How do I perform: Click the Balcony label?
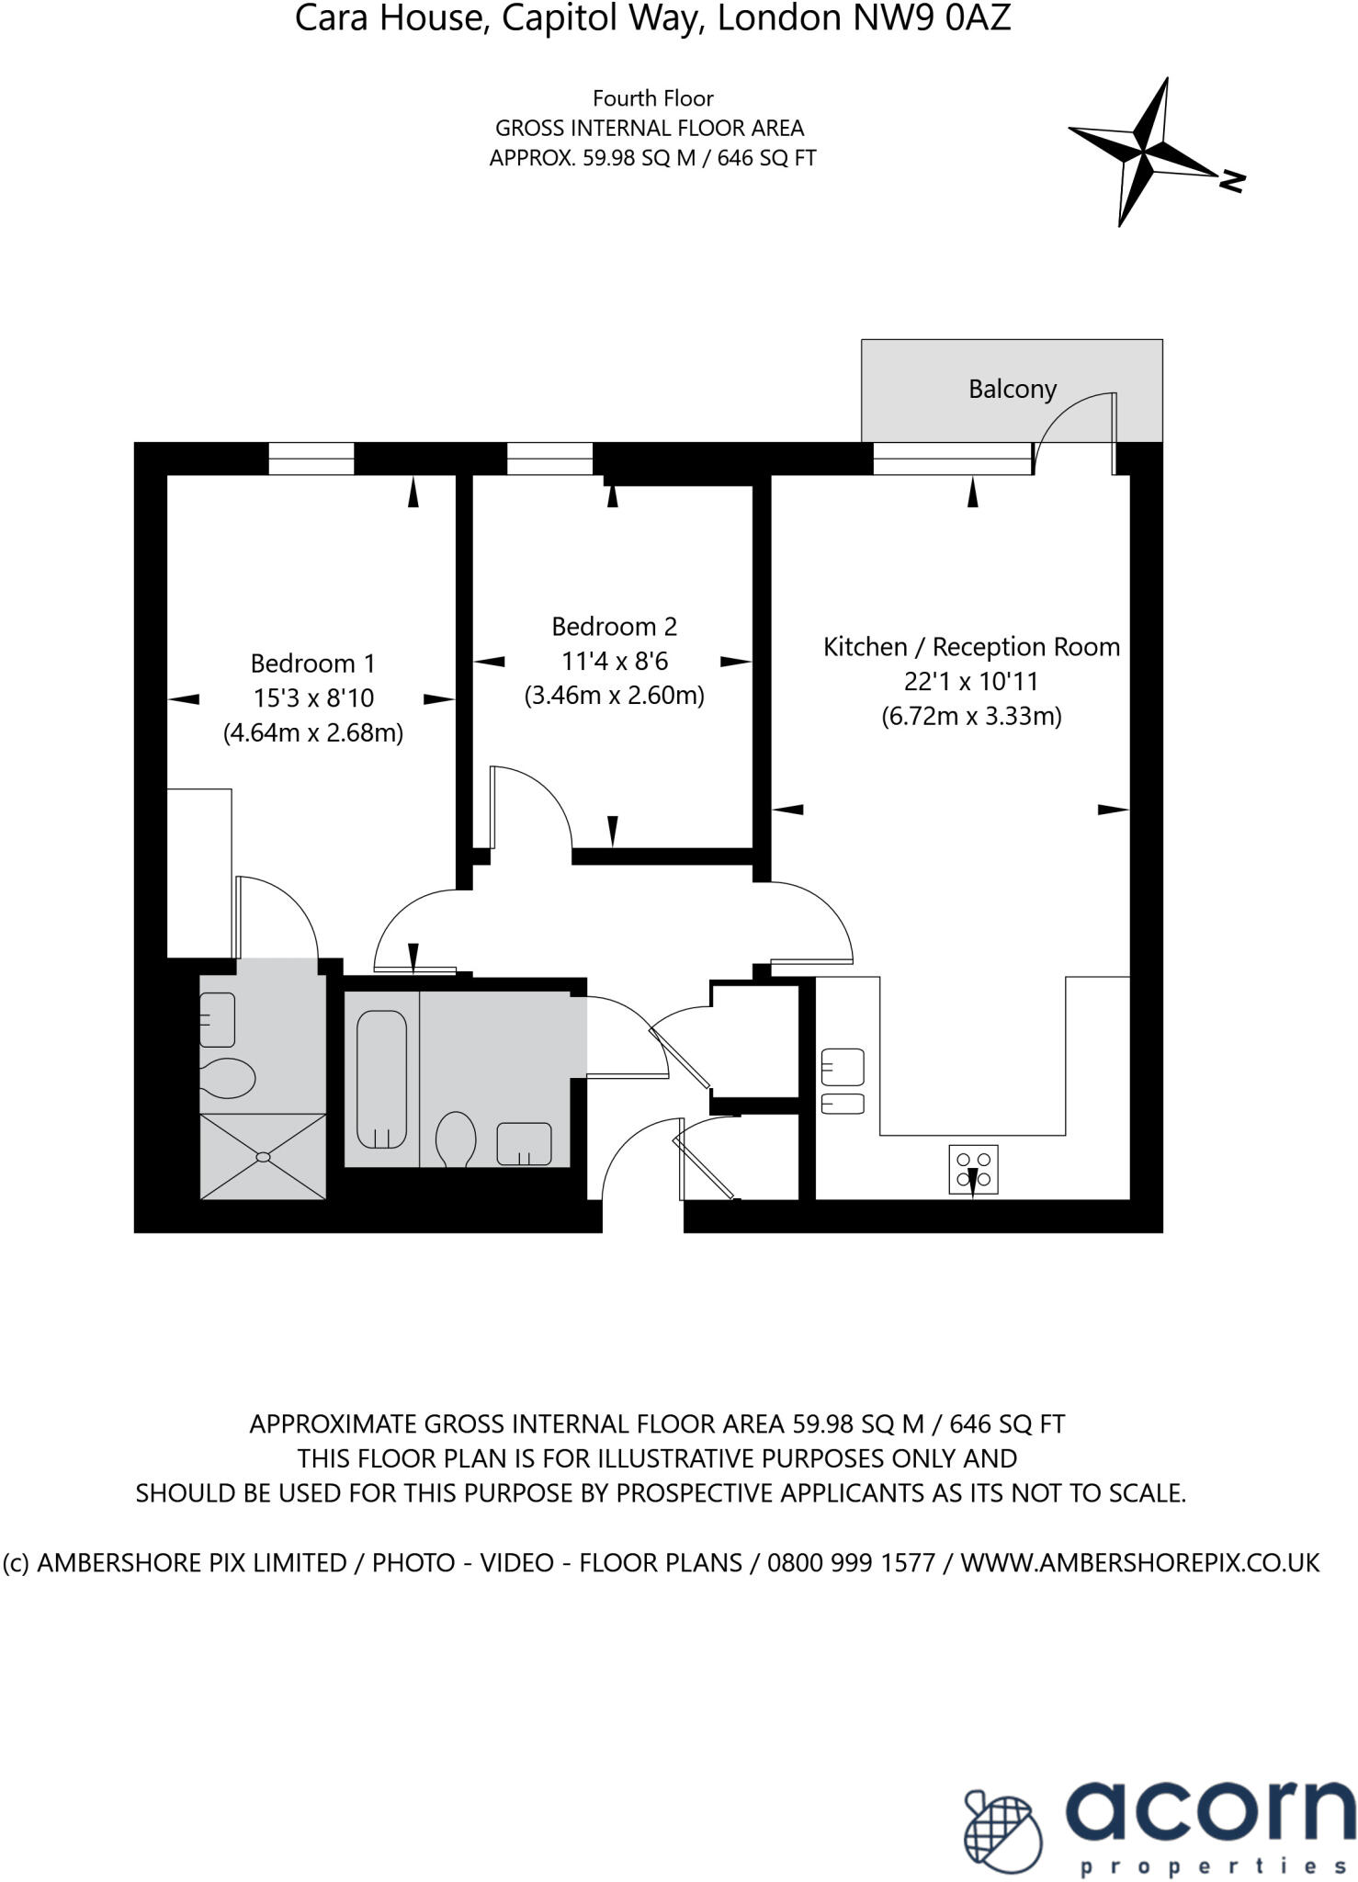point(1012,390)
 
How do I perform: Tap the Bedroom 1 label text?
point(312,663)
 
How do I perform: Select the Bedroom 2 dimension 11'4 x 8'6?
point(614,662)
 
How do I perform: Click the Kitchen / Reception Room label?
point(971,647)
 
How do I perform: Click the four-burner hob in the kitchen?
point(973,1169)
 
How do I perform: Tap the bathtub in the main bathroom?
point(381,1080)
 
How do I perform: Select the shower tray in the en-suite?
point(263,1156)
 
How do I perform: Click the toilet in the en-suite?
point(226,1078)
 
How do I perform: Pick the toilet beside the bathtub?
point(455,1139)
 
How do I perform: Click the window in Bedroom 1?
point(311,459)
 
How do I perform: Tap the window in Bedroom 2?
point(549,459)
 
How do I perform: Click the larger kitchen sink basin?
point(843,1067)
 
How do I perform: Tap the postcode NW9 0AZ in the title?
point(932,18)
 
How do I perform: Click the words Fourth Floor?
point(652,98)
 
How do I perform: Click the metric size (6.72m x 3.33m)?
point(971,717)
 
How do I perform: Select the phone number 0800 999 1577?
point(851,1562)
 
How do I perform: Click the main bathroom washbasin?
point(524,1144)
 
